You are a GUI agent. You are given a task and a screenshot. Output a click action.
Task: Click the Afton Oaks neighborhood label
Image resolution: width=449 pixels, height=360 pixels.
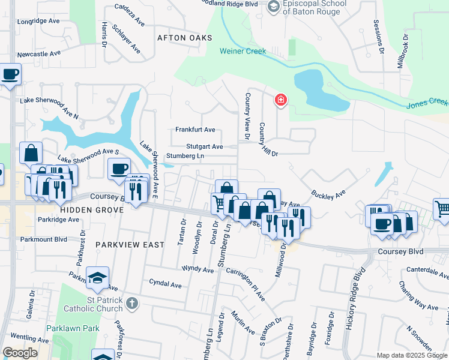point(185,38)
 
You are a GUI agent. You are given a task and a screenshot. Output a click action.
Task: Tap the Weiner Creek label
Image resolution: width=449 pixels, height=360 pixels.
point(243,51)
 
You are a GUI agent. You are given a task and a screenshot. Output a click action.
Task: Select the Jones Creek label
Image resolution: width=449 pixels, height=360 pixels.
point(427,104)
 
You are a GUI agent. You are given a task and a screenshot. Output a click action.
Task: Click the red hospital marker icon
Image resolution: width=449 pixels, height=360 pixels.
point(280,100)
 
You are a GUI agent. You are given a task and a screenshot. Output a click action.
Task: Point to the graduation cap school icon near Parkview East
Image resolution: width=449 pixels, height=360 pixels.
point(97,278)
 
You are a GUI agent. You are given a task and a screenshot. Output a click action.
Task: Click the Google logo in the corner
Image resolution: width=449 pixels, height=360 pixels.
point(20,353)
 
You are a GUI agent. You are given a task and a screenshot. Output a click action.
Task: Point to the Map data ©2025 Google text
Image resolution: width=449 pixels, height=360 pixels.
point(412,355)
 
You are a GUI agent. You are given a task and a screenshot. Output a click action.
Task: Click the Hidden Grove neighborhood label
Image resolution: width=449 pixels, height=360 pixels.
point(92,211)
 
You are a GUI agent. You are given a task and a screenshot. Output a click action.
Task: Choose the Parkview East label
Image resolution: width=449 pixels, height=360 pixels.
point(129,245)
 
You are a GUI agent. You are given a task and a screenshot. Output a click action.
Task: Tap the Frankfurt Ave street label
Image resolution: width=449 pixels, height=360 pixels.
point(195,130)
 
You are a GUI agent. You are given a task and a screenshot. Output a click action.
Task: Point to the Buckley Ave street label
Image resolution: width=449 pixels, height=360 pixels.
point(329,194)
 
